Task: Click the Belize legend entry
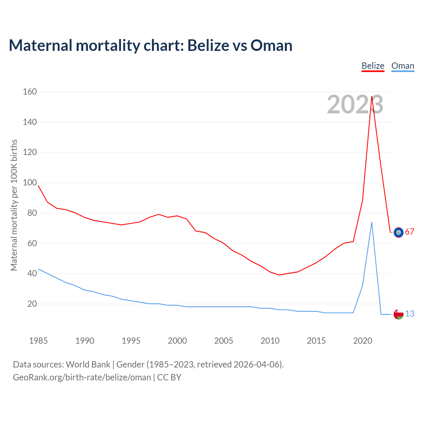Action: click(373, 66)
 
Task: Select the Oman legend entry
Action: click(403, 66)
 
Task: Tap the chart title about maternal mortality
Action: click(150, 45)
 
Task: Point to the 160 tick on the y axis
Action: click(30, 92)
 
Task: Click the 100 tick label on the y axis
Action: click(30, 182)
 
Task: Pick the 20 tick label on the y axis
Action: click(32, 304)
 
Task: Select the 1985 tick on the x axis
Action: click(38, 341)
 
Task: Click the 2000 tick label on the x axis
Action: click(177, 341)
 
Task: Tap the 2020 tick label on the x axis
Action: click(363, 341)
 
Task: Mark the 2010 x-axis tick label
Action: click(270, 341)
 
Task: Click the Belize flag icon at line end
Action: click(399, 232)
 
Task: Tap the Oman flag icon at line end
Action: click(399, 314)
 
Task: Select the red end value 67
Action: click(409, 232)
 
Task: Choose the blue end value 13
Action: click(409, 314)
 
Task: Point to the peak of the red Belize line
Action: click(372, 96)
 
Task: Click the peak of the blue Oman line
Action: click(372, 222)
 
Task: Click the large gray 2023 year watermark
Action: click(355, 105)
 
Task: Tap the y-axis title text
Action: click(14, 205)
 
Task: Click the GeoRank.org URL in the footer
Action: click(82, 377)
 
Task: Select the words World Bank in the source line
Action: click(88, 365)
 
